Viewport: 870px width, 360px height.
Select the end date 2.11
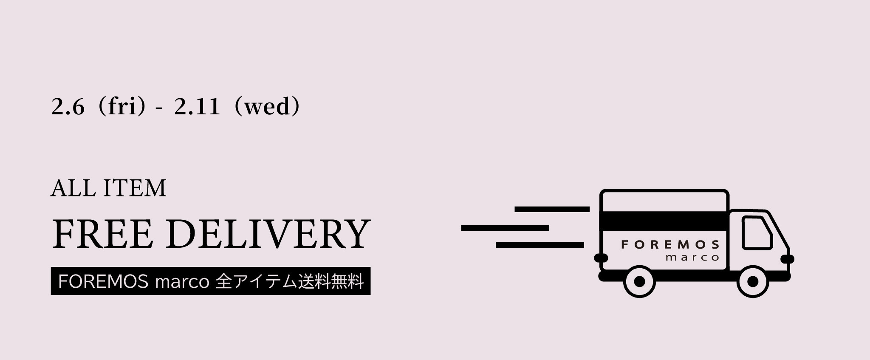pos(197,107)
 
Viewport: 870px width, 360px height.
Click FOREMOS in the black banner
pos(103,281)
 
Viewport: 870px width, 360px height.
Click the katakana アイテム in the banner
pos(264,281)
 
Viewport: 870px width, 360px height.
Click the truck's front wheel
pos(752,281)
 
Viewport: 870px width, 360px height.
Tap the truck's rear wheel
pos(639,281)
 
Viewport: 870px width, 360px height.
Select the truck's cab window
pos(757,233)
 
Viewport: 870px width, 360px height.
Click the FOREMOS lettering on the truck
pos(670,244)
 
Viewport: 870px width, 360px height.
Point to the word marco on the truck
pos(692,258)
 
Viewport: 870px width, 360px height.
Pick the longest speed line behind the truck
pos(505,228)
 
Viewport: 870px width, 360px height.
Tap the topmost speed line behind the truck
pos(552,209)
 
